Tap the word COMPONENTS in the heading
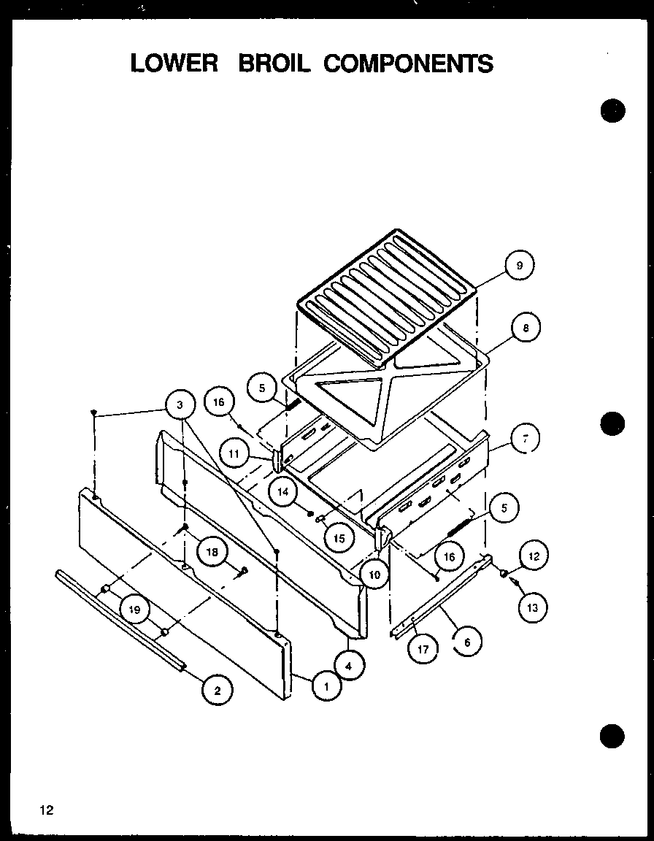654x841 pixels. pyautogui.click(x=408, y=64)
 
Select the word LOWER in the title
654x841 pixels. pyautogui.click(x=174, y=64)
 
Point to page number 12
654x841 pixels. pyautogui.click(x=47, y=810)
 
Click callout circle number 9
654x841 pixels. pyautogui.click(x=520, y=266)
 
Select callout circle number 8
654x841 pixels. pyautogui.click(x=526, y=329)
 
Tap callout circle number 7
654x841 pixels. pyautogui.click(x=524, y=439)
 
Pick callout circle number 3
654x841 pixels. pyautogui.click(x=180, y=404)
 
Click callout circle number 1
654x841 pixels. pyautogui.click(x=326, y=686)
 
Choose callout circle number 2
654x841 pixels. pyautogui.click(x=218, y=688)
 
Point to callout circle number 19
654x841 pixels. pyautogui.click(x=135, y=609)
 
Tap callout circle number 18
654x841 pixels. pyautogui.click(x=212, y=553)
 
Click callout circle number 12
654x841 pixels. pyautogui.click(x=533, y=556)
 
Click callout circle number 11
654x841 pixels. pyautogui.click(x=234, y=453)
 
